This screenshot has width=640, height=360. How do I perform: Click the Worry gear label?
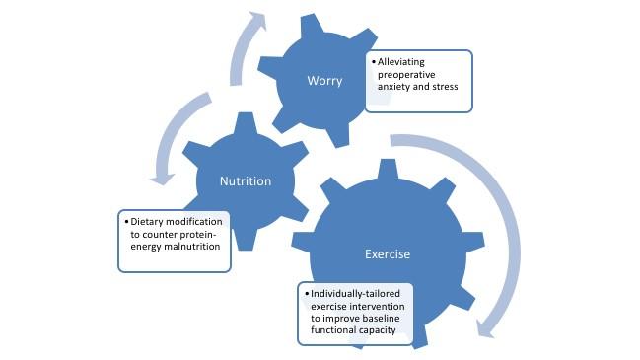(324, 81)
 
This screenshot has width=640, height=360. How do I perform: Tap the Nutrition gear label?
(245, 181)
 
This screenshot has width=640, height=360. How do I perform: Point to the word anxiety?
(392, 86)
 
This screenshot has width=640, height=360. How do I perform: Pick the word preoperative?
(406, 74)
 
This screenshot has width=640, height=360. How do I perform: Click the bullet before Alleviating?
(372, 62)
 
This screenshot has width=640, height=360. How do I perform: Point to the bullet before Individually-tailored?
(306, 294)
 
